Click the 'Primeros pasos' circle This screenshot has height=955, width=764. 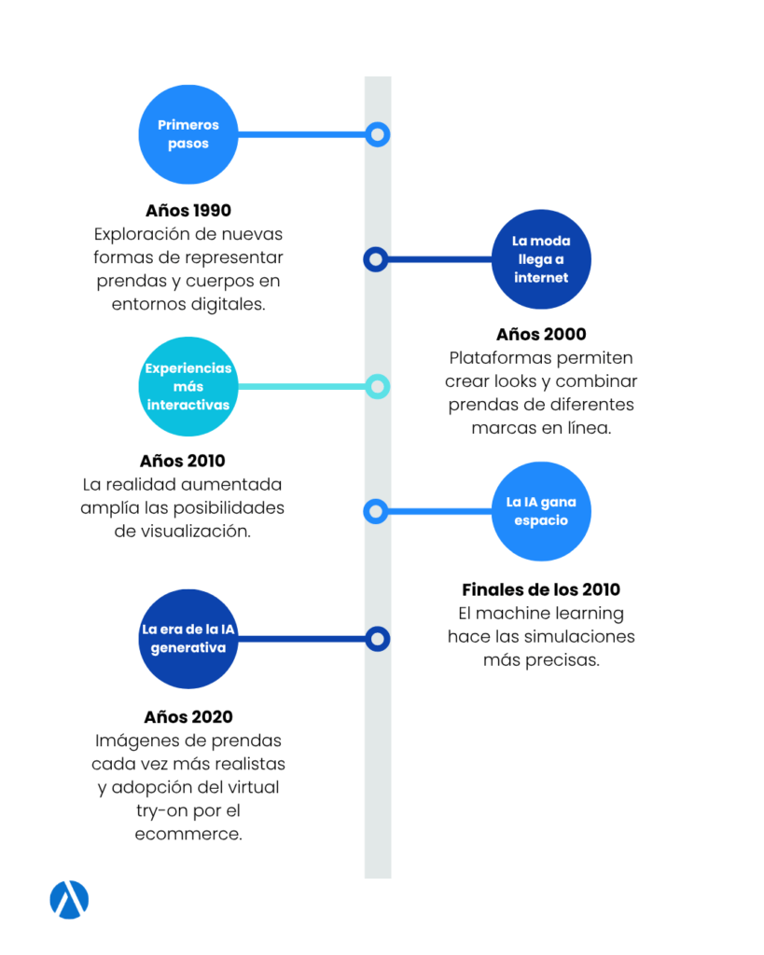coord(188,134)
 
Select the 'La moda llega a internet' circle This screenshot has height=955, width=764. coord(541,259)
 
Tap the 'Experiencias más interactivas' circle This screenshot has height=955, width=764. coord(188,387)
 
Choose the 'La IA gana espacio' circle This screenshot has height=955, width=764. coord(541,512)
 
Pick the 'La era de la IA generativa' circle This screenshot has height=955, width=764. coord(188,639)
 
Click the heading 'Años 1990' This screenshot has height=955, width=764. coord(188,211)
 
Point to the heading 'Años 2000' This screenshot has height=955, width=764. coord(541,335)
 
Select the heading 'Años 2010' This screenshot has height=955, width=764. coord(182,461)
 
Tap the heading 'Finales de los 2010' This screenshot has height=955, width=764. coord(541,589)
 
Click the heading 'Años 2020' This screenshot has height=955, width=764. coord(188,717)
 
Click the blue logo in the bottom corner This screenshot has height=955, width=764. coord(69,900)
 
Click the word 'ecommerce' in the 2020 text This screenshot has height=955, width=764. coord(188,835)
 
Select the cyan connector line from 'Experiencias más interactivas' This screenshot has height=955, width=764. coord(302,387)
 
